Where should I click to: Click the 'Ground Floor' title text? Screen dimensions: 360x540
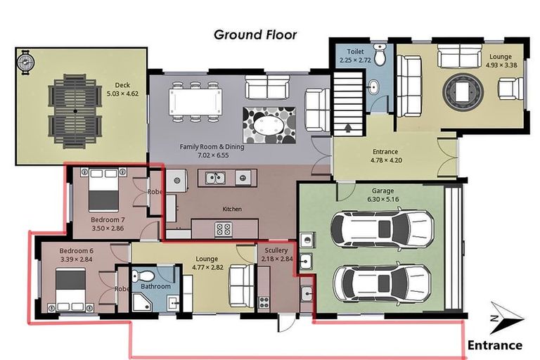[255, 34]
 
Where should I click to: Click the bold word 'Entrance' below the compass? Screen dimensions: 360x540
[495, 345]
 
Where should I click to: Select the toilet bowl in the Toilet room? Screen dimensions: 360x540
[380, 55]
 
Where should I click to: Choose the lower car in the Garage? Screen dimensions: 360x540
[382, 281]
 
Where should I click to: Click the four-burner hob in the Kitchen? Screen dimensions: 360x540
[224, 229]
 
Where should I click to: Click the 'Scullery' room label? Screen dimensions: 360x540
[276, 251]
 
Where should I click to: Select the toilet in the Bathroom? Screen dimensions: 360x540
[146, 275]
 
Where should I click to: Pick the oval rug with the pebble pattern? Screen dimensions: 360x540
[269, 125]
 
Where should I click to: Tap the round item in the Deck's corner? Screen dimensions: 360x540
[26, 63]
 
